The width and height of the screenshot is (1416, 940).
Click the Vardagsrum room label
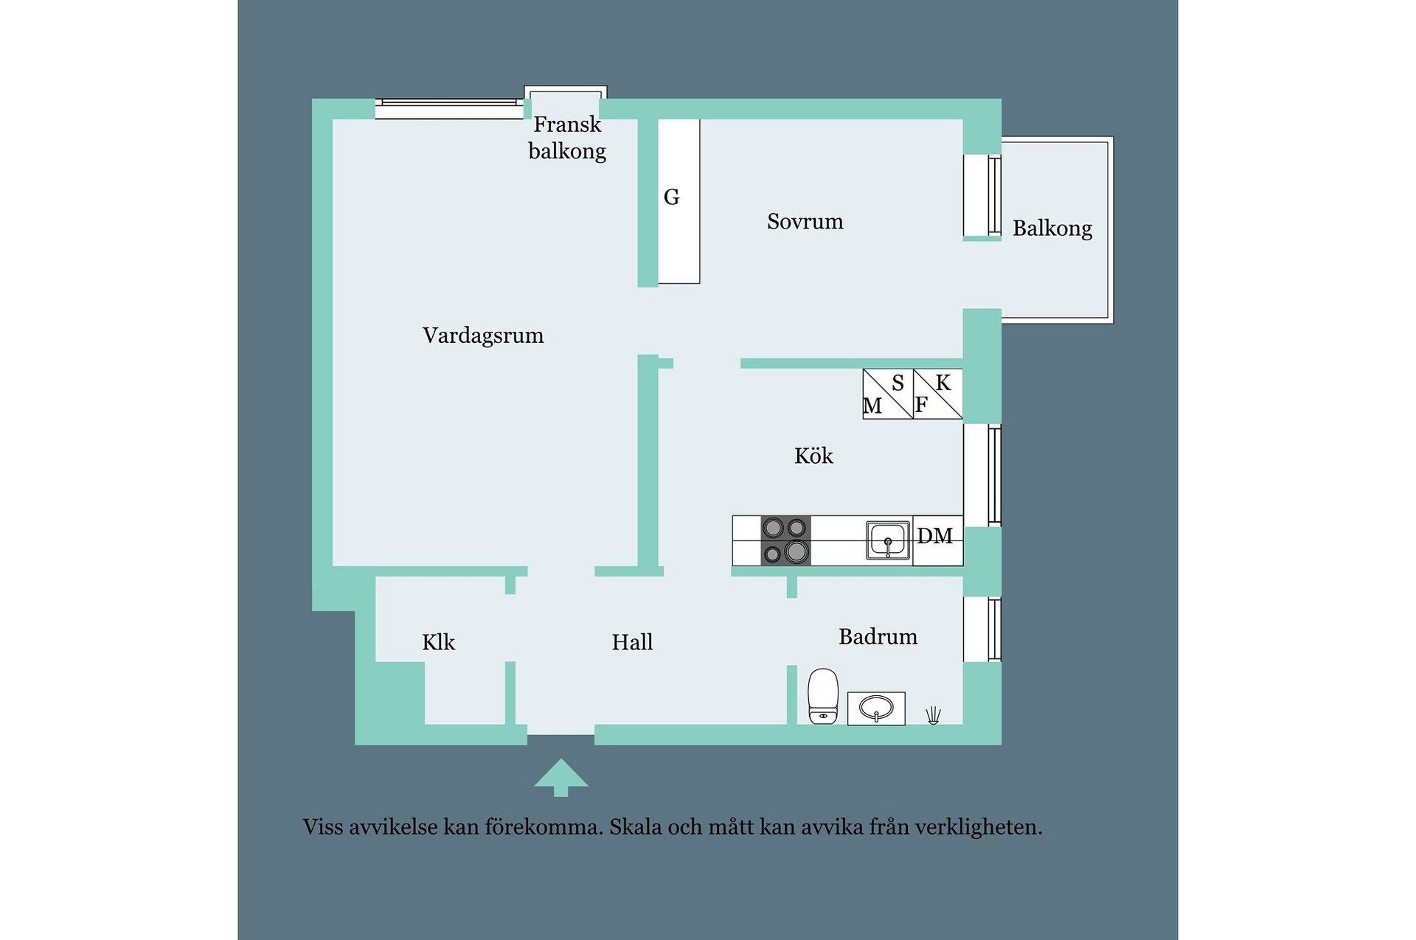483,335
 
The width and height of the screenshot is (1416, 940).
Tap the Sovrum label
805,221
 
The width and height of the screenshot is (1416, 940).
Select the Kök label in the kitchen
813,456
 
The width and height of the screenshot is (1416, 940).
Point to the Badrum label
878,636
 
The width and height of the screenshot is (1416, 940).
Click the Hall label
632,642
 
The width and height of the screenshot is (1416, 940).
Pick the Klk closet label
438,642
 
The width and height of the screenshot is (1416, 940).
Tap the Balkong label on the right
1052,229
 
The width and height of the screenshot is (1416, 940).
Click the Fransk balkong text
567,138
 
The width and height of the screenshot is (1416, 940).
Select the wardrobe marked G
678,201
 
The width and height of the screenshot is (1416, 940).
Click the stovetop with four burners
785,540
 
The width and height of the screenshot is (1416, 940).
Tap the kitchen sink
888,540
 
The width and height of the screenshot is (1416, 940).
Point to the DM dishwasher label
935,536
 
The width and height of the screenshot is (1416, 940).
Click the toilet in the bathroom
823,696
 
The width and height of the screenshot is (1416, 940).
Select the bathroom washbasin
876,709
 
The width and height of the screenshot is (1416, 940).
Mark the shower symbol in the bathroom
934,715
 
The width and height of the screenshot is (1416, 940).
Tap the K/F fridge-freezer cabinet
938,394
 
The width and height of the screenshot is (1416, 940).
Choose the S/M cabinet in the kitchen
888,394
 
